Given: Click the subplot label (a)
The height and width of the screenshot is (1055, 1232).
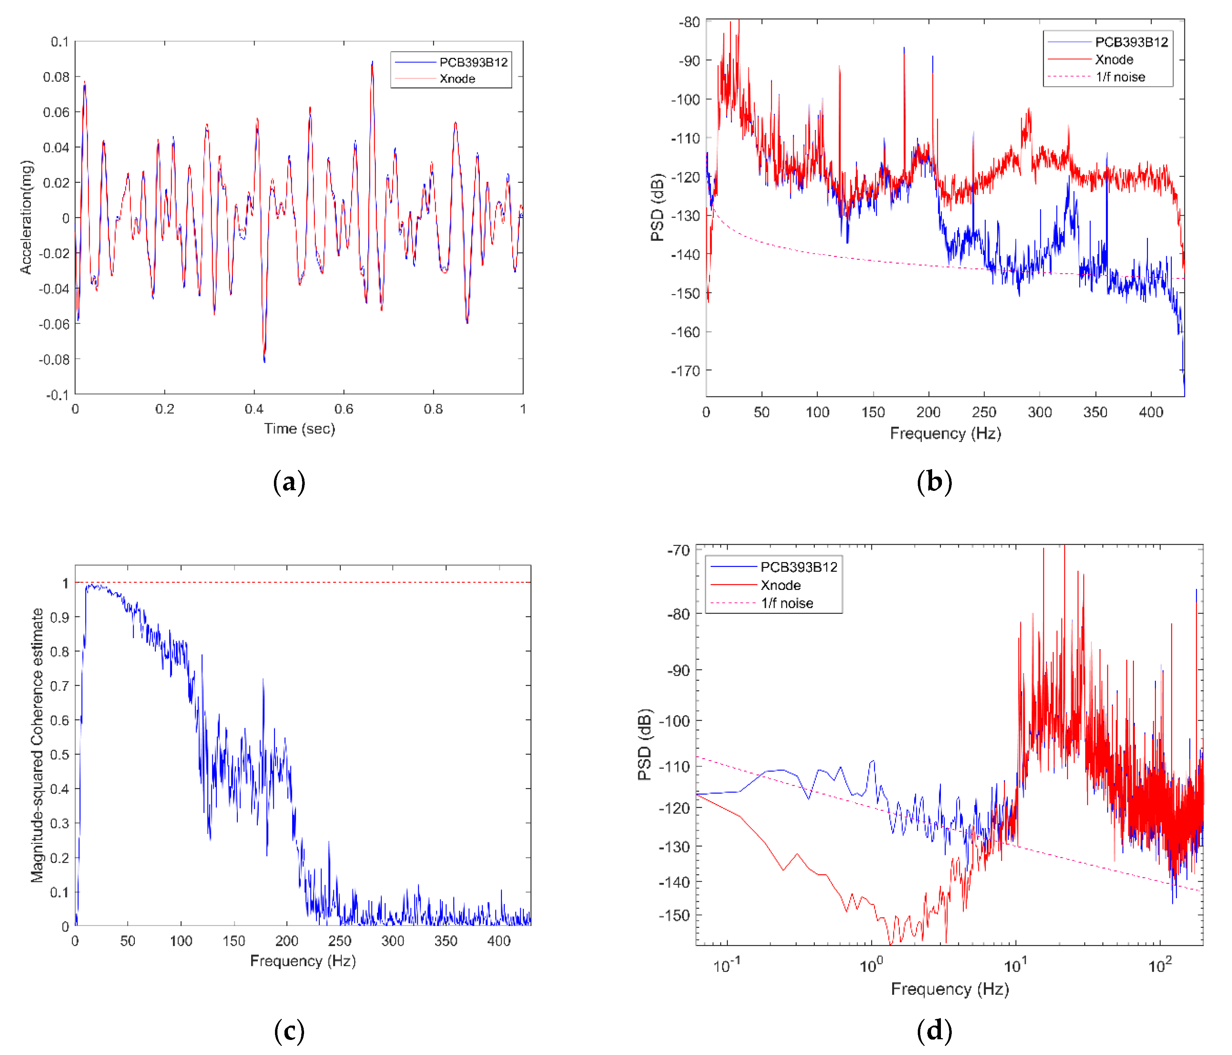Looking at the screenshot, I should coord(289,482).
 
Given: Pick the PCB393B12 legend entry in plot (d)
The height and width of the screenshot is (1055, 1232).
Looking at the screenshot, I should coord(798,567).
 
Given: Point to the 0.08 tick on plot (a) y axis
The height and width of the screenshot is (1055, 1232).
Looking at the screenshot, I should coord(56,77).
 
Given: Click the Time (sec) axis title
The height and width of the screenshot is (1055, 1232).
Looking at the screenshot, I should coord(300,429).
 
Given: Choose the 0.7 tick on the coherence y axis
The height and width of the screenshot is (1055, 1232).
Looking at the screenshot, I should coord(60,686).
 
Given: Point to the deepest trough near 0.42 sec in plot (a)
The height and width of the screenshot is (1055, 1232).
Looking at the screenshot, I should coord(264,361).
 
